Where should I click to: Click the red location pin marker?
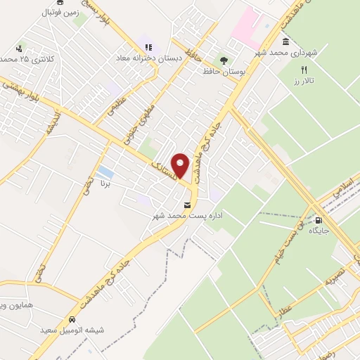(181, 165)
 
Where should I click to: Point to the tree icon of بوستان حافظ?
(224, 60)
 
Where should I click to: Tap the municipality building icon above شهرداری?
(285, 41)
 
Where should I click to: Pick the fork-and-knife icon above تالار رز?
(304, 70)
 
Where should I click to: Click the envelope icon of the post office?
(187, 205)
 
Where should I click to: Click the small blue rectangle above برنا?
(105, 172)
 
